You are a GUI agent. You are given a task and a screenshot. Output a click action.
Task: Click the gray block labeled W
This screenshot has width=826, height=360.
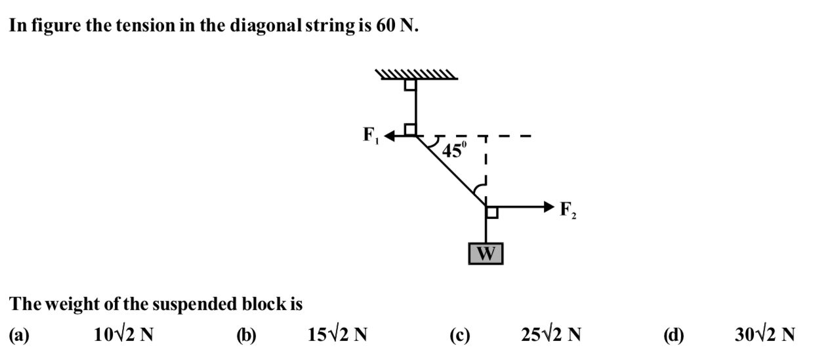pyautogui.click(x=485, y=254)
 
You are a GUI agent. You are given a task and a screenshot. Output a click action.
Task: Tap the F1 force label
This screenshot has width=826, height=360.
pyautogui.click(x=371, y=135)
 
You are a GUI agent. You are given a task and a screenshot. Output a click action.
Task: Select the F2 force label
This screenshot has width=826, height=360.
pyautogui.click(x=568, y=210)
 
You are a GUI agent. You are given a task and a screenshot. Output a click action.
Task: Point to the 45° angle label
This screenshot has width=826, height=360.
pyautogui.click(x=454, y=150)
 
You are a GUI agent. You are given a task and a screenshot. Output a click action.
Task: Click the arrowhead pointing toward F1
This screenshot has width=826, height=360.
pyautogui.click(x=390, y=136)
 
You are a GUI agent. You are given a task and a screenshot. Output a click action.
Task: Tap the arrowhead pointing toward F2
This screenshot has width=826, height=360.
pyautogui.click(x=549, y=207)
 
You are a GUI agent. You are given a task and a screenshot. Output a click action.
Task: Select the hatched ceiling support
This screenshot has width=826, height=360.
pyautogui.click(x=417, y=74)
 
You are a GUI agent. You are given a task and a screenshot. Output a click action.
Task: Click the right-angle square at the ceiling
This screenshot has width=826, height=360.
pyautogui.click(x=410, y=85)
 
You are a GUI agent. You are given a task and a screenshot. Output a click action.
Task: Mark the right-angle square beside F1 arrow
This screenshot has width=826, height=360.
pyautogui.click(x=410, y=130)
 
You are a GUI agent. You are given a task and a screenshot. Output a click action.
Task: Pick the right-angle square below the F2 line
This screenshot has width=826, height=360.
pyautogui.click(x=492, y=212)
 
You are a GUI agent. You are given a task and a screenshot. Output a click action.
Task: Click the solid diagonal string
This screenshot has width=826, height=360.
pyautogui.click(x=451, y=171)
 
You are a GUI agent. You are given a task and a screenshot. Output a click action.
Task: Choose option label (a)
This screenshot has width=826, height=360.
pyautogui.click(x=19, y=335)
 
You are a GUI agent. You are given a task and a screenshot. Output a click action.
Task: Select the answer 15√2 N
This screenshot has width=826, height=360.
pyautogui.click(x=337, y=334)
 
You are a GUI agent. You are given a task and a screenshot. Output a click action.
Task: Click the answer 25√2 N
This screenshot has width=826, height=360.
pyautogui.click(x=551, y=334)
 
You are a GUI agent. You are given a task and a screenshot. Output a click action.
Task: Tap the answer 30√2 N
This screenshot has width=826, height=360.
pyautogui.click(x=765, y=334)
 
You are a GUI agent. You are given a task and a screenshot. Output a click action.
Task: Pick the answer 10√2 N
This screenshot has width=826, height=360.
pyautogui.click(x=123, y=334)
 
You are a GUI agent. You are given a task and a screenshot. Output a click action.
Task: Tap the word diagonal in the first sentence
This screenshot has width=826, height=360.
pyautogui.click(x=266, y=26)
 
